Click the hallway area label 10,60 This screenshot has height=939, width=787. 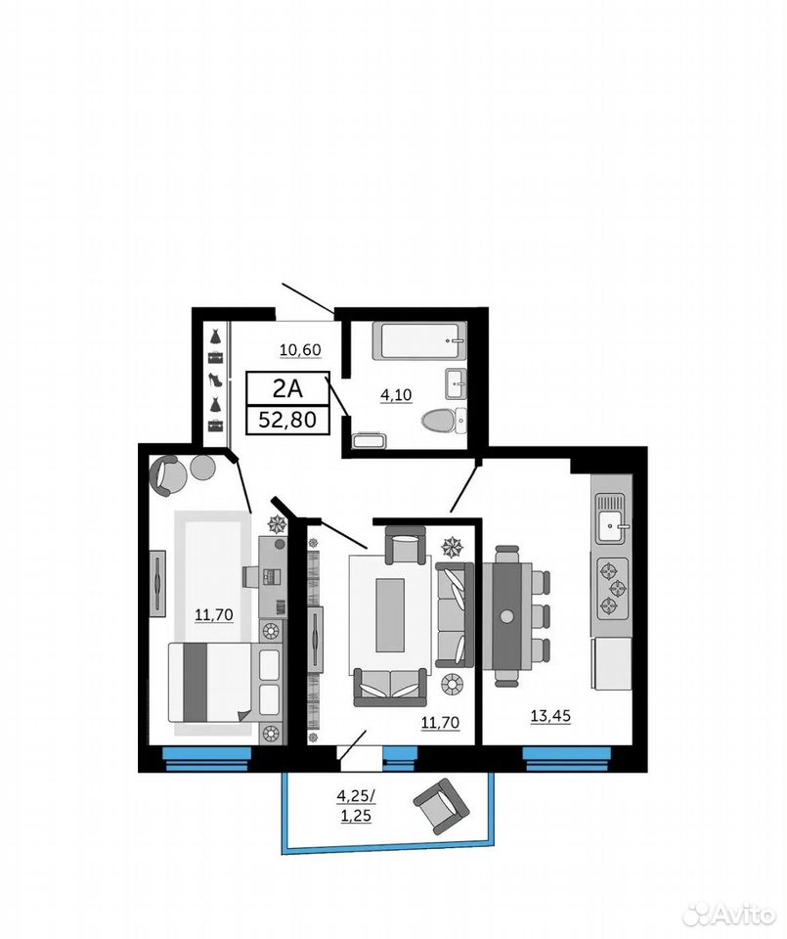point(300,349)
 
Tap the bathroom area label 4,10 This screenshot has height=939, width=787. point(396,394)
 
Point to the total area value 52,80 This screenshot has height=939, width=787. point(287,420)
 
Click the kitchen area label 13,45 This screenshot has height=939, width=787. point(550,715)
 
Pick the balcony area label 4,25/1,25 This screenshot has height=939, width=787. point(356,805)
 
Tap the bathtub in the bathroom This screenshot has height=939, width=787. point(419,340)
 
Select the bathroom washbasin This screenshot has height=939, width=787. point(456,383)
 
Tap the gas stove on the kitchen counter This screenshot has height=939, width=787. point(612,588)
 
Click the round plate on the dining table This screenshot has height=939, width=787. point(507,615)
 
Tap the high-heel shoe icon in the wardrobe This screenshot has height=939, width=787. point(215,380)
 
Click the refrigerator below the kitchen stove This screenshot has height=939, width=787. point(611,663)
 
